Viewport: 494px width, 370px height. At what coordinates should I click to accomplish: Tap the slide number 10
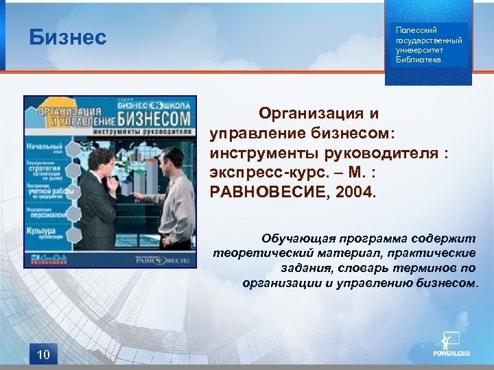43,354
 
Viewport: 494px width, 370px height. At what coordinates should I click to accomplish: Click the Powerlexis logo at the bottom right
451,346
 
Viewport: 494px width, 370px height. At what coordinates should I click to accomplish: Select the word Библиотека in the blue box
419,60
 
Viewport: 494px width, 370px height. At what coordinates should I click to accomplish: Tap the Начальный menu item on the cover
45,147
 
